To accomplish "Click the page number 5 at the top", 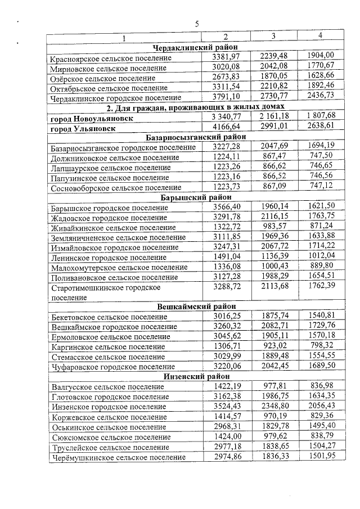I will (x=197, y=24).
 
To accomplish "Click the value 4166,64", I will (x=227, y=128).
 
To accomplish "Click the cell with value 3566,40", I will (x=227, y=207).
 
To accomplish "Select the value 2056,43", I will (x=321, y=406).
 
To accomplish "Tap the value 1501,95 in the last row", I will (x=321, y=457).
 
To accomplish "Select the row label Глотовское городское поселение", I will (x=110, y=397).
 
